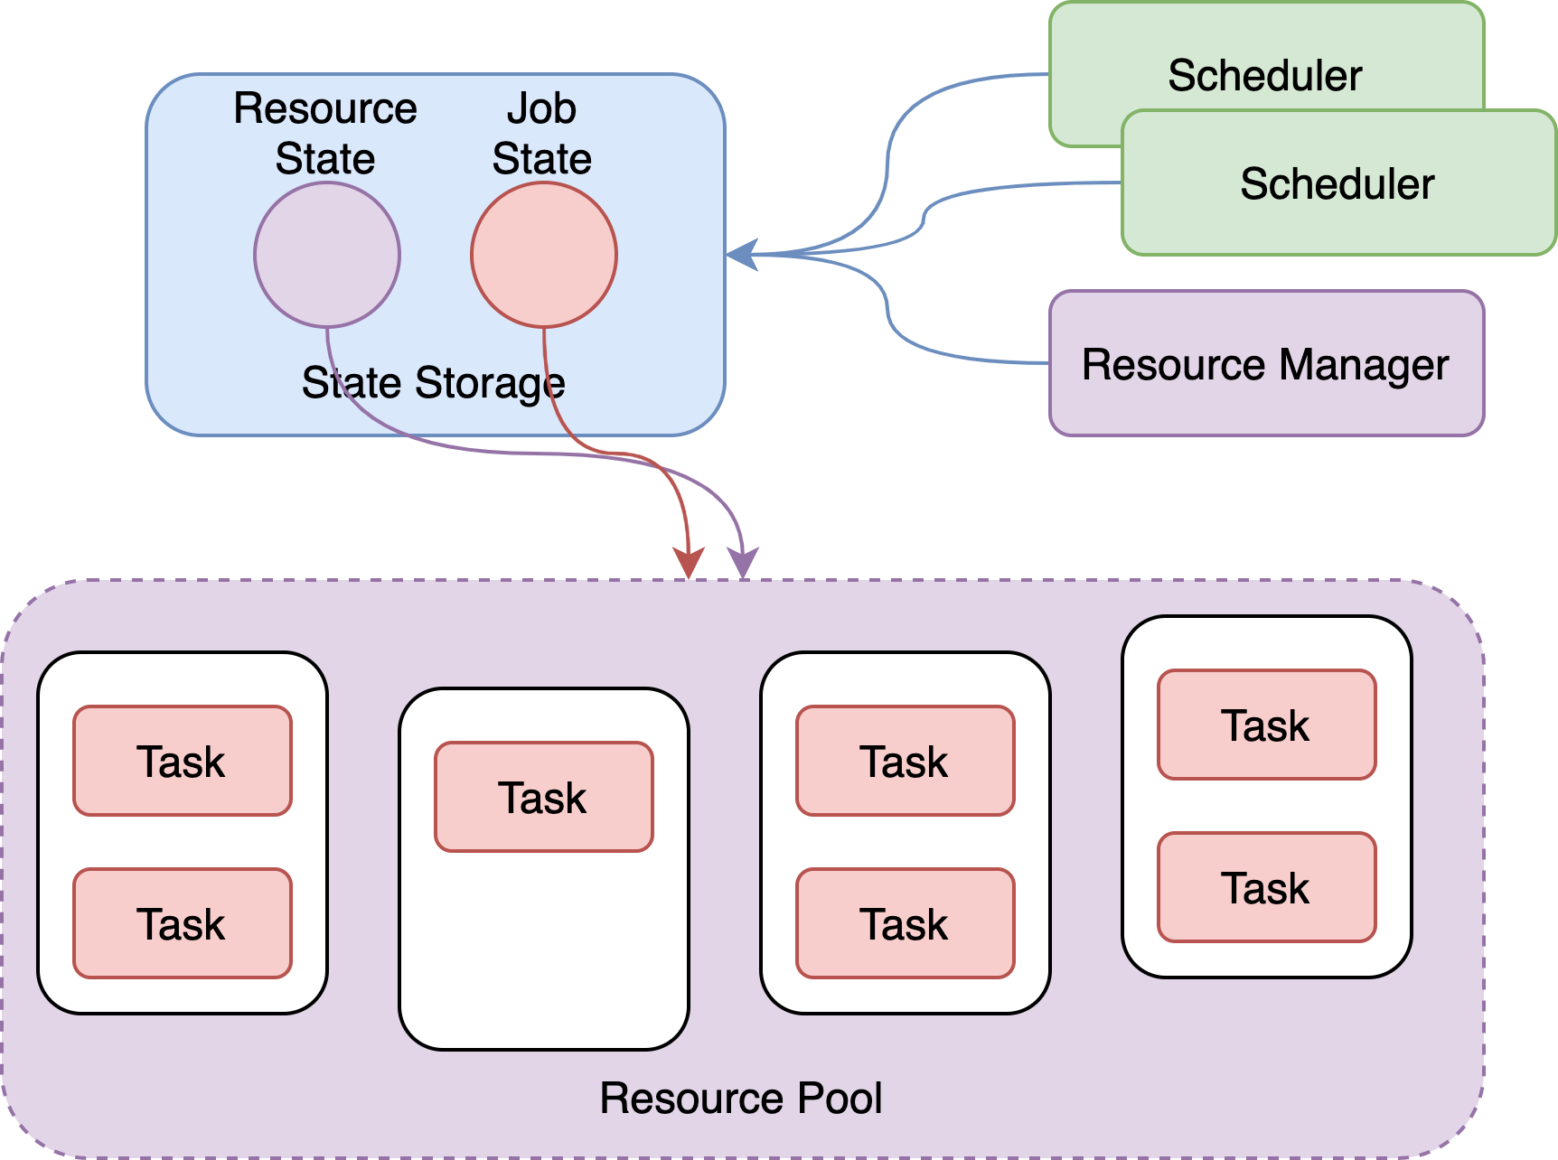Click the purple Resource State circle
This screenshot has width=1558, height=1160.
pyautogui.click(x=327, y=255)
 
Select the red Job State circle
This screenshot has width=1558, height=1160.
pyautogui.click(x=544, y=255)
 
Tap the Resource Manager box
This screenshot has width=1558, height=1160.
pyautogui.click(x=1266, y=363)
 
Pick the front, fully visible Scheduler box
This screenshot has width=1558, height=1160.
pyautogui.click(x=1338, y=183)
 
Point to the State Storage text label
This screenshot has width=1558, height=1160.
pyautogui.click(x=433, y=383)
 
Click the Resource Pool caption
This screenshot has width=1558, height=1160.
pyautogui.click(x=741, y=1099)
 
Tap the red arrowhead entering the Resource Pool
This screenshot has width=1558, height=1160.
pyautogui.click(x=690, y=564)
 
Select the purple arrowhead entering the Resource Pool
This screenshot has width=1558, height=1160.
pyautogui.click(x=744, y=564)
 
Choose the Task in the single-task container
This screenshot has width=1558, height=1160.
pyautogui.click(x=544, y=797)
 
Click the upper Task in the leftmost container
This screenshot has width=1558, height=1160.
pyautogui.click(x=183, y=761)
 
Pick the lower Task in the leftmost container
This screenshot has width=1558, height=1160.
pyautogui.click(x=183, y=923)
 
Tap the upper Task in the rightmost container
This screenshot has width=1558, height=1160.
pyautogui.click(x=1267, y=725)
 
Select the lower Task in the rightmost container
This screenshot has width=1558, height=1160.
pyautogui.click(x=1267, y=887)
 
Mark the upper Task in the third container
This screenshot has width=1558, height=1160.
pyautogui.click(x=906, y=761)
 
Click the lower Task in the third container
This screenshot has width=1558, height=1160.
pyautogui.click(x=906, y=923)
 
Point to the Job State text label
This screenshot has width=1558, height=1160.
pyautogui.click(x=542, y=134)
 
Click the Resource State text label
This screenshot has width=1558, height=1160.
pyautogui.click(x=325, y=134)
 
